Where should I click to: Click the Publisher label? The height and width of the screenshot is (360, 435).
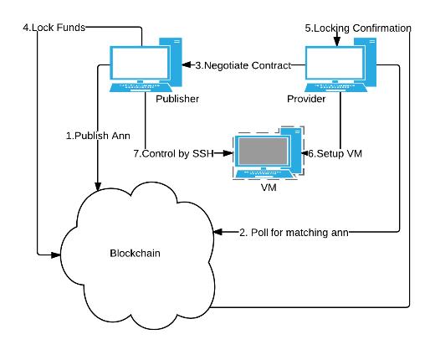(177, 99)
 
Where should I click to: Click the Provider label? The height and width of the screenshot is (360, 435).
(306, 99)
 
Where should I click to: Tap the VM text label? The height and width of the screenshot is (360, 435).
(269, 188)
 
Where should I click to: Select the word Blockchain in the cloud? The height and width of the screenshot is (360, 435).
(135, 253)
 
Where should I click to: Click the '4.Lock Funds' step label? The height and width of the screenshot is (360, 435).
(54, 28)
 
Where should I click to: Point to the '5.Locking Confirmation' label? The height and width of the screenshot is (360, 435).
(358, 28)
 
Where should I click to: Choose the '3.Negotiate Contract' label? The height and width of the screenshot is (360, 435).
(243, 65)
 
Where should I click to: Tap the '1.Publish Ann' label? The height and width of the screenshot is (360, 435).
(98, 136)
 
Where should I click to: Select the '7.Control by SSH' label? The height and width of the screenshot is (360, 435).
(173, 153)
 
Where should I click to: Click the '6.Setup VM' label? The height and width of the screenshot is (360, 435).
(335, 153)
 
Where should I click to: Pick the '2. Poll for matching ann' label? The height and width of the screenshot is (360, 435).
(294, 233)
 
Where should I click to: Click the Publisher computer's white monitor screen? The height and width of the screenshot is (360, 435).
(140, 63)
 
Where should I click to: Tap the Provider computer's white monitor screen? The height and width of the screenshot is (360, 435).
(335, 63)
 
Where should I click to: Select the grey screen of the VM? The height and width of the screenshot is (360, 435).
(263, 151)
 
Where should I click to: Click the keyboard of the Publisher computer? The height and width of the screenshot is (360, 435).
(141, 87)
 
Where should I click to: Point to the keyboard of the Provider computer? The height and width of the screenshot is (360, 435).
(335, 87)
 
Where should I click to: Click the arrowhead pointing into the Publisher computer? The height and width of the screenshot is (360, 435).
(187, 65)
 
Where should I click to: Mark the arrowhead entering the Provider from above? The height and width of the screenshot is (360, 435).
(337, 42)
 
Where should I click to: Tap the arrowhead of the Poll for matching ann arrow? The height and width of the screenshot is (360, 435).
(217, 232)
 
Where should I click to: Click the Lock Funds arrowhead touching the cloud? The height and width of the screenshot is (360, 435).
(56, 255)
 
